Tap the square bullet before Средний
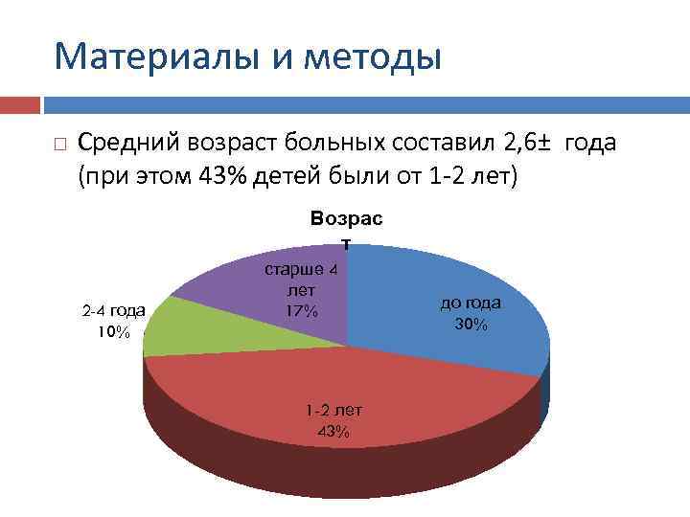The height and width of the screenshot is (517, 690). (59, 146)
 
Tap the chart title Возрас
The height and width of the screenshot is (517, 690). (346, 218)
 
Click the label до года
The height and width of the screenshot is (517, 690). (471, 303)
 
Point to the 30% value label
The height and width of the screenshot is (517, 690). (471, 325)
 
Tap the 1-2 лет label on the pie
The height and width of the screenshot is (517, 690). (333, 410)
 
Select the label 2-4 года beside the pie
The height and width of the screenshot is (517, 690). (113, 310)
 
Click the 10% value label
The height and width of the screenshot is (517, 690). (113, 331)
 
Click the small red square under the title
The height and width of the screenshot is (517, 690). (20, 102)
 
